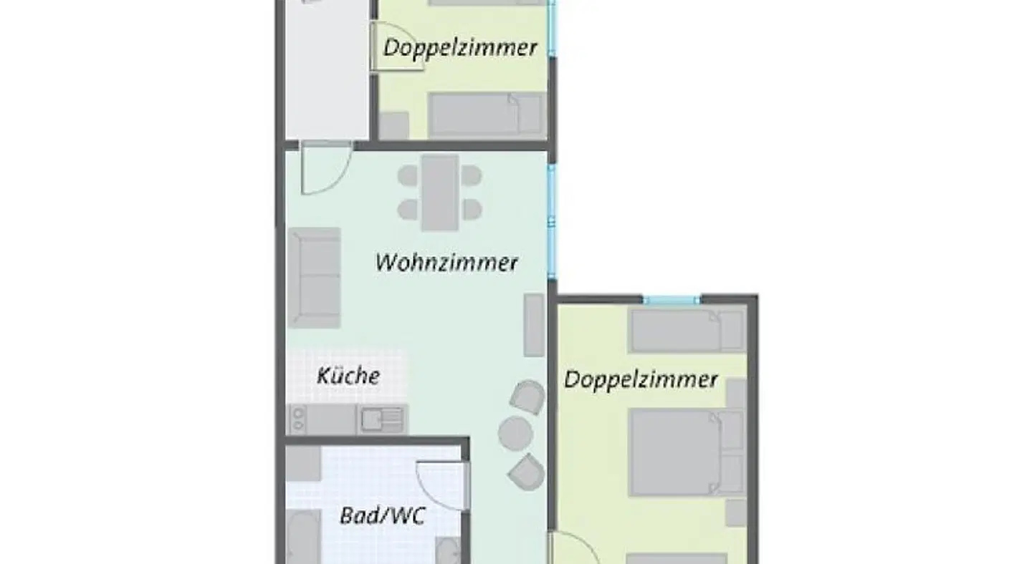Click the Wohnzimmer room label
[446, 262]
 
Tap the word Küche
[348, 375]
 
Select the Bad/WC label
[382, 515]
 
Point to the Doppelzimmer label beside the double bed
[641, 379]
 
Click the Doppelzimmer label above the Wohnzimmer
[460, 48]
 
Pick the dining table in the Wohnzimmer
[439, 193]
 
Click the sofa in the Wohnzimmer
[314, 278]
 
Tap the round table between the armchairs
[515, 434]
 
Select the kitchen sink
[381, 419]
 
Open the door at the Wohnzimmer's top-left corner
[323, 168]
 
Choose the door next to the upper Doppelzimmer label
[395, 47]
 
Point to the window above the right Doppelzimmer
[671, 300]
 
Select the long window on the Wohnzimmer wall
[552, 218]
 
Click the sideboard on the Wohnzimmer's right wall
[534, 325]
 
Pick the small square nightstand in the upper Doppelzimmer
[393, 125]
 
